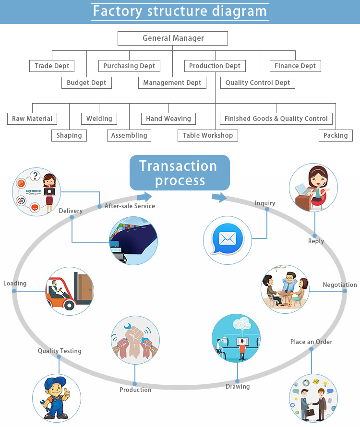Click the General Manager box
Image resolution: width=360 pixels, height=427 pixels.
point(173,38)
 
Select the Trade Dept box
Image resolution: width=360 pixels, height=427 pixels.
point(52,66)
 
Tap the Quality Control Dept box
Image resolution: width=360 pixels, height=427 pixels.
point(258,83)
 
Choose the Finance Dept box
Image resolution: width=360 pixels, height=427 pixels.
point(295,66)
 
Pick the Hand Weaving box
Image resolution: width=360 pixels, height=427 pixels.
point(168,119)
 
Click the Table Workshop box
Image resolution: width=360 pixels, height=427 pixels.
point(208,135)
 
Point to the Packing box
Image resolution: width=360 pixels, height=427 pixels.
point(336,135)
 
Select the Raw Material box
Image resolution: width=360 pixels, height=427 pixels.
point(32,119)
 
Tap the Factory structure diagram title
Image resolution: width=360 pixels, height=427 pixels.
point(180,12)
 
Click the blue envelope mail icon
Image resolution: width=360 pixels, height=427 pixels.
point(228,238)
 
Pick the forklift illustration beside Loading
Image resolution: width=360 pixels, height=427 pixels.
point(70,291)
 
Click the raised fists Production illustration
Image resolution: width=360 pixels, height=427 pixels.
point(135,340)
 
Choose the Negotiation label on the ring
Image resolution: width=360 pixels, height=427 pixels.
point(339,285)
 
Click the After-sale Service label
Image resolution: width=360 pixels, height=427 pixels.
point(130,206)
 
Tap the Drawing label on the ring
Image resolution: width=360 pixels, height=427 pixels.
point(238,386)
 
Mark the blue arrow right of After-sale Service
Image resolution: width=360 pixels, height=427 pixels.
point(144,197)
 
